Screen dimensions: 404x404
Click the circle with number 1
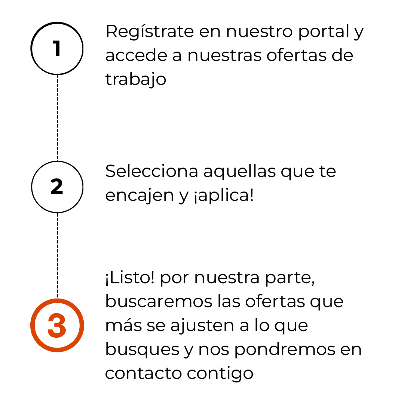[57, 48]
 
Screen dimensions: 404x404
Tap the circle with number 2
[57, 187]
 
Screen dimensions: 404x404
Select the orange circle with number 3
[57, 325]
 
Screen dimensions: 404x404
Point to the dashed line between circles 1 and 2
[57, 118]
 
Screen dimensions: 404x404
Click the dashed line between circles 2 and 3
[57, 256]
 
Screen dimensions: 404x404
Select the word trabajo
[135, 80]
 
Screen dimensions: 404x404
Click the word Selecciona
[151, 172]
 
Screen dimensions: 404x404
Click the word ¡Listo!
[129, 279]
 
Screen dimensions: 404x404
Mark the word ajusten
[202, 326]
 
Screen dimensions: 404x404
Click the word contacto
[143, 373]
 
